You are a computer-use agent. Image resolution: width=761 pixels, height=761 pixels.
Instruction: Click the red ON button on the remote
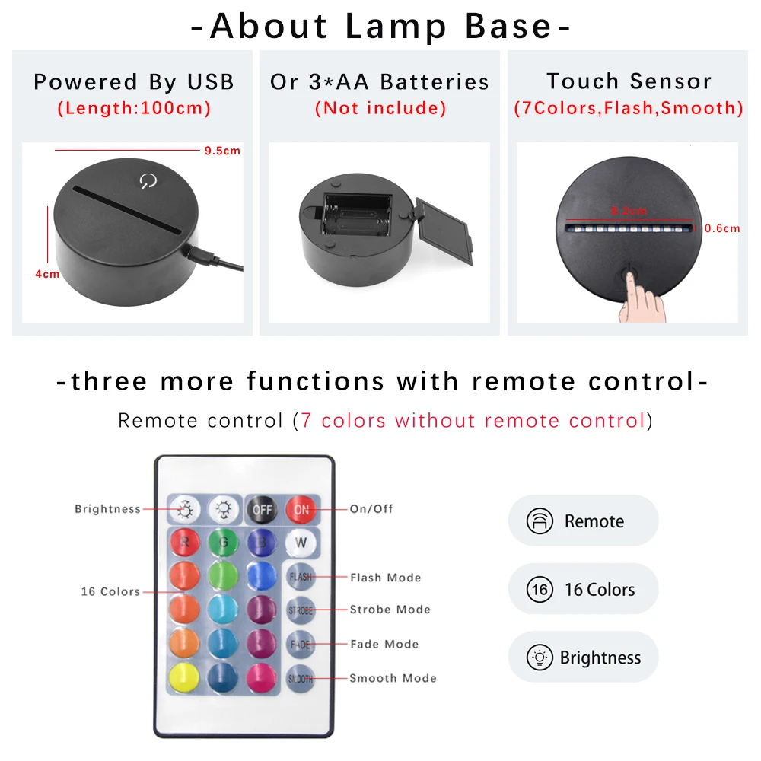301,509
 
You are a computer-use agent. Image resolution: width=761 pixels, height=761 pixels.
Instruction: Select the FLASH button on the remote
301,577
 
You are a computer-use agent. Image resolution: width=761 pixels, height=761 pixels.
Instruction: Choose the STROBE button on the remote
301,610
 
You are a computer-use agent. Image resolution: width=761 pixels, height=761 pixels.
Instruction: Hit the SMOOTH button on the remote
300,678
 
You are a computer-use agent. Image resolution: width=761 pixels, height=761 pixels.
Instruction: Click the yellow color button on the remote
183,677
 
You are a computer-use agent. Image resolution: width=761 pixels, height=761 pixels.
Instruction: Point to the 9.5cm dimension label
221,151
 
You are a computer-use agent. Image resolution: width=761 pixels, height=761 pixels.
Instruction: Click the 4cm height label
47,274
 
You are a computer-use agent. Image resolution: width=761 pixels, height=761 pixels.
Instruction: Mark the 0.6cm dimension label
722,228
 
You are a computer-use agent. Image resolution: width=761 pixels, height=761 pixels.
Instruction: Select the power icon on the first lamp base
147,181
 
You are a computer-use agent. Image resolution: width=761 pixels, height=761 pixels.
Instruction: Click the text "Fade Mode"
384,644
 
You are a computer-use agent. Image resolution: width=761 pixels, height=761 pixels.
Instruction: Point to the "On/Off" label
371,508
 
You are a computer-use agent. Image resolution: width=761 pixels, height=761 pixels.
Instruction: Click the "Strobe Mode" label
390,610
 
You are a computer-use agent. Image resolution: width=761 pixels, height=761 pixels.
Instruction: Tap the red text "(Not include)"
380,108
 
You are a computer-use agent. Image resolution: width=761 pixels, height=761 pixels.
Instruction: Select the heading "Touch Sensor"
629,81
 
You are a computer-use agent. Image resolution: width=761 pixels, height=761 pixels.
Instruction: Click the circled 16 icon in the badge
540,590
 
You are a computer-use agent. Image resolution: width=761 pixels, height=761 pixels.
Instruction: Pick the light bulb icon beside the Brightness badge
540,658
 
